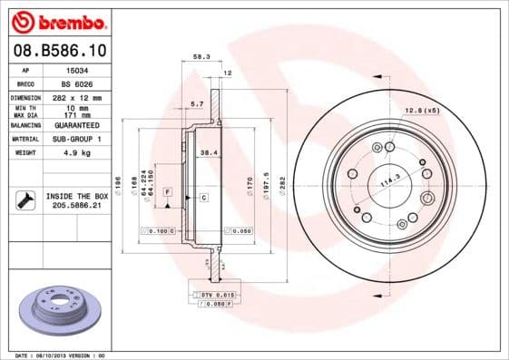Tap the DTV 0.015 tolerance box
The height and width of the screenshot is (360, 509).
(x=215, y=295)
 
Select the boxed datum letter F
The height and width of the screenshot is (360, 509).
(x=168, y=192)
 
